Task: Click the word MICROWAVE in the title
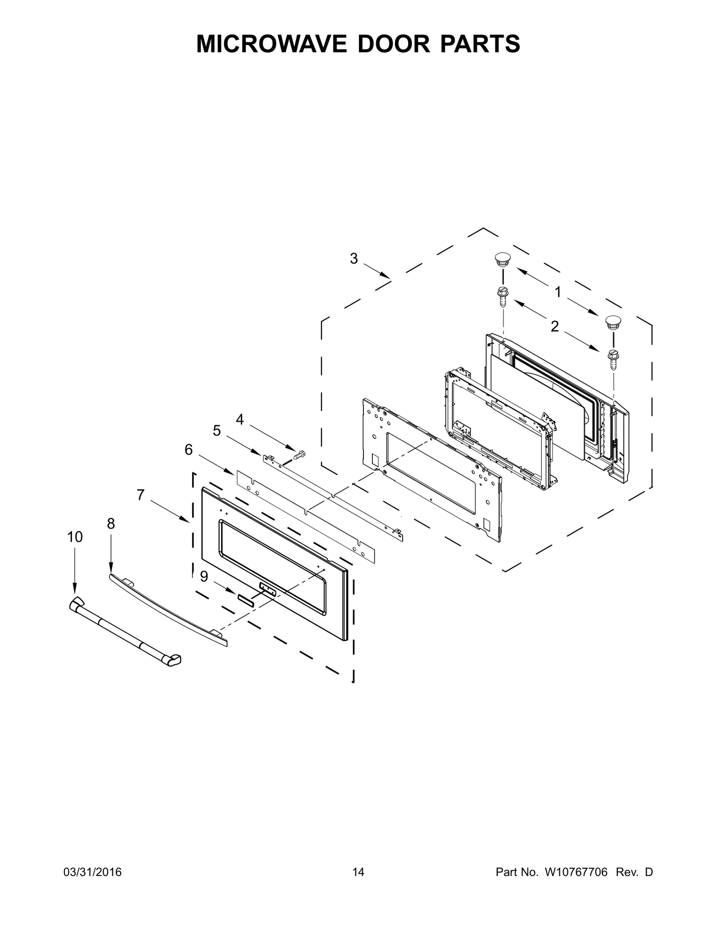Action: [272, 44]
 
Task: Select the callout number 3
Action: [354, 258]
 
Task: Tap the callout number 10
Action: [75, 537]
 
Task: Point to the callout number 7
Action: [141, 495]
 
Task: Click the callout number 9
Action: [204, 577]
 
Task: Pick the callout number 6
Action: [188, 449]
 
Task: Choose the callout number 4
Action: [240, 419]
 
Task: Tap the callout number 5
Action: [217, 431]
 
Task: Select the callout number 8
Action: [111, 523]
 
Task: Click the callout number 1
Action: [558, 292]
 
